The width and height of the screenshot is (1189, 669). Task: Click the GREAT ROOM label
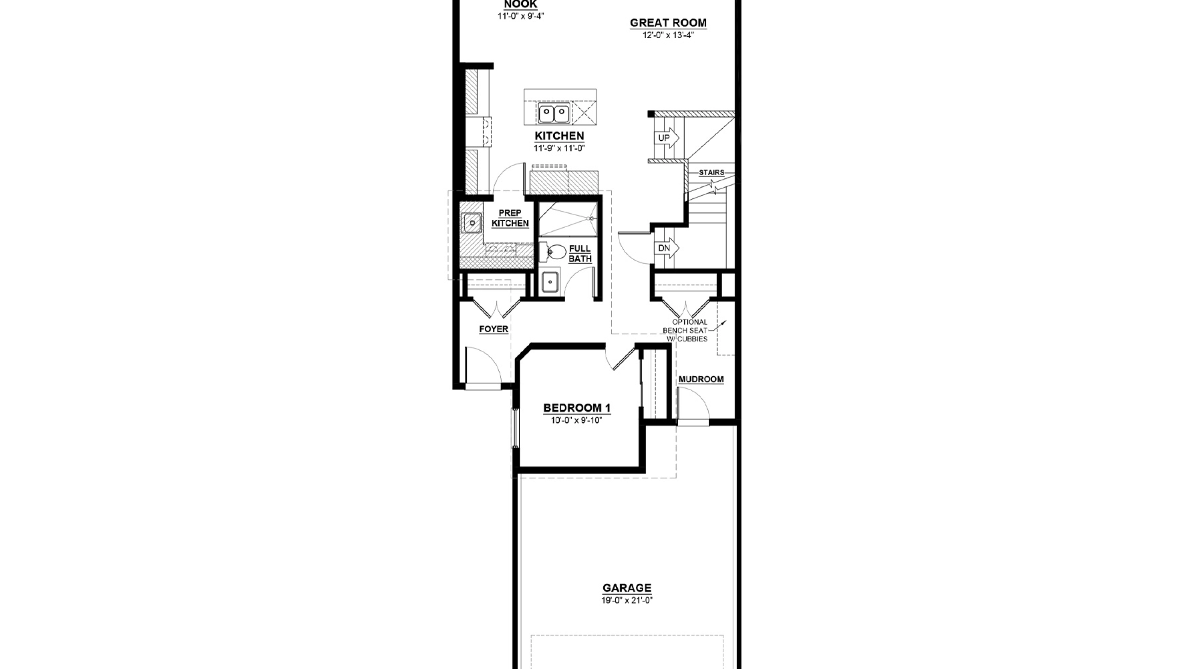point(668,23)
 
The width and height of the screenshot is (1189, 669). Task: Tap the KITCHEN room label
point(559,136)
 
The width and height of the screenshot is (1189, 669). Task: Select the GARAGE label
point(627,588)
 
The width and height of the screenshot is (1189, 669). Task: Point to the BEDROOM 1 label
point(577,408)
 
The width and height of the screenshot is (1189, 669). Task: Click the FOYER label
point(494,329)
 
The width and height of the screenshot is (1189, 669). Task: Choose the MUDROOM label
point(701,380)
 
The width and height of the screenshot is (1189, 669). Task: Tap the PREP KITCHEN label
point(510,218)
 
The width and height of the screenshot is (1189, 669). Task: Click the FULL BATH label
point(580,254)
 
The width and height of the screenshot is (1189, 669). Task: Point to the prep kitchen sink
point(472,223)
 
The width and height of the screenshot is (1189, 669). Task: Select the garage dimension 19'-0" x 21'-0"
point(627,600)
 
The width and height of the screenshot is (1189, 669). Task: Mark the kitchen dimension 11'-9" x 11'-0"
point(559,148)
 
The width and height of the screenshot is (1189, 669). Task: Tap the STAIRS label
point(712,172)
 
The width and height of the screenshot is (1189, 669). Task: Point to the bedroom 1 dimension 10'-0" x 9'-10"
point(577,420)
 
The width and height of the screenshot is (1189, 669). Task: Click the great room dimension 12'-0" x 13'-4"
point(668,35)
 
